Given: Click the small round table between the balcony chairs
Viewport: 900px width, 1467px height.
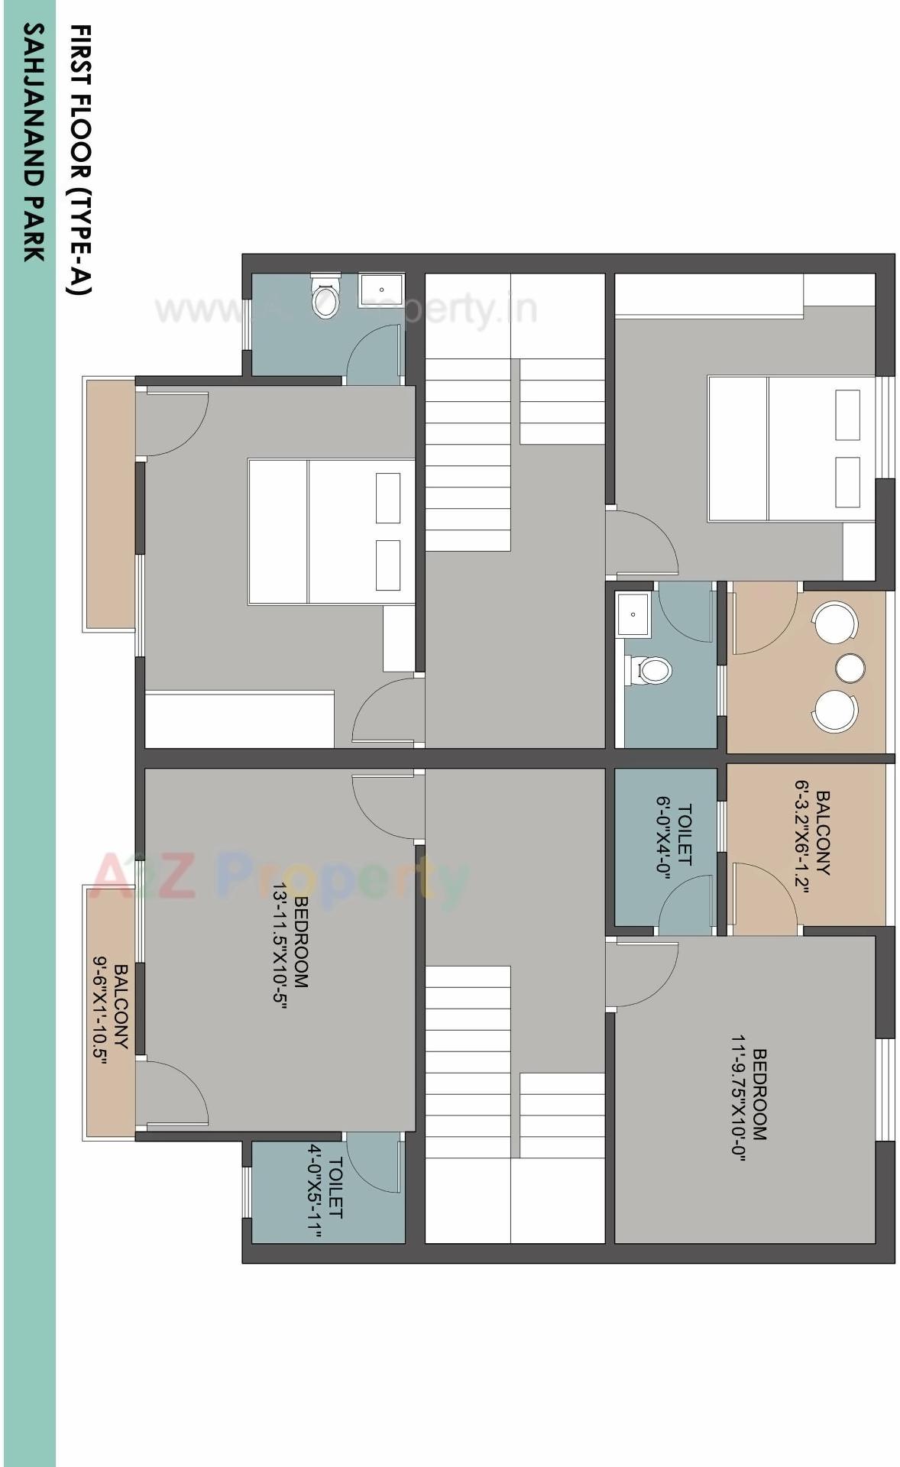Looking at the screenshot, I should tap(850, 667).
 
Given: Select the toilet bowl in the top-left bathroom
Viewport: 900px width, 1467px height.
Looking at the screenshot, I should tap(324, 296).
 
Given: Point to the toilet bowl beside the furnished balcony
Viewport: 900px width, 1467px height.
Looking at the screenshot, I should tap(649, 671).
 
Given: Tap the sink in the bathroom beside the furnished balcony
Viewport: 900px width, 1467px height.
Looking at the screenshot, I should tap(634, 614).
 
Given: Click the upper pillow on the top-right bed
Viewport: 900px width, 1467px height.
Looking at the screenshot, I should tap(847, 414).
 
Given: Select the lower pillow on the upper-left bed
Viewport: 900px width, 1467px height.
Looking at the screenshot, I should tap(387, 565).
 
